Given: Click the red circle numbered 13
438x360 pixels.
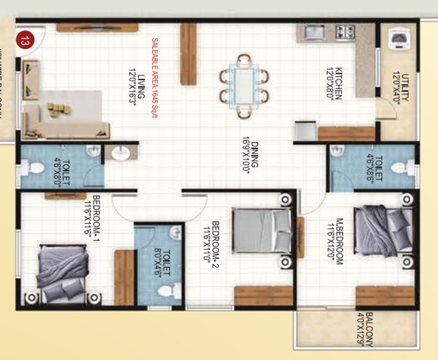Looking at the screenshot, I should (24, 40).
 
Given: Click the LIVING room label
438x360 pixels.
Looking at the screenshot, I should (137, 92).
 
